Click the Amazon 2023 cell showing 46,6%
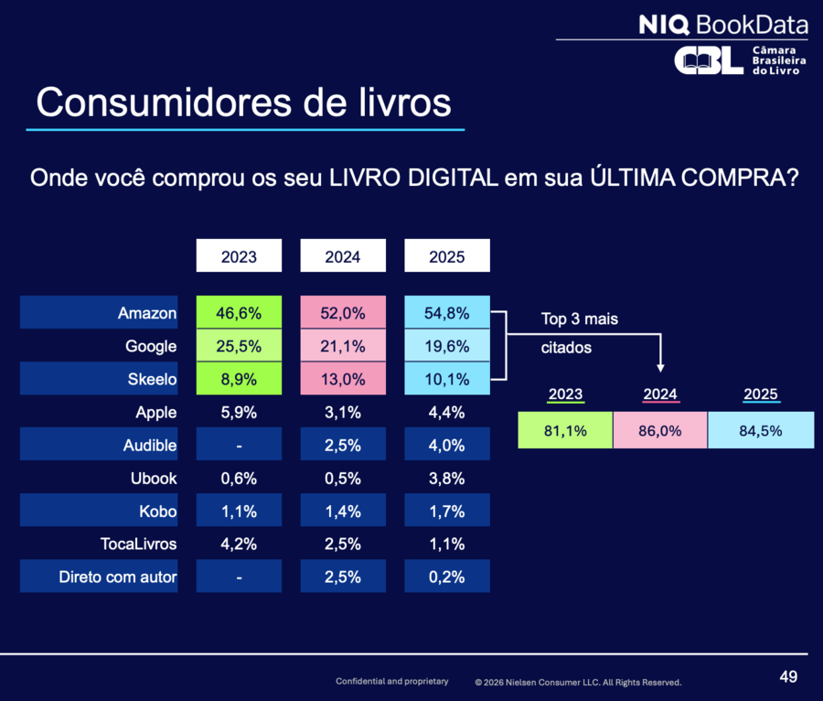[239, 313]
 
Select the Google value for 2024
[343, 346]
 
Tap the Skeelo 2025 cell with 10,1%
[447, 379]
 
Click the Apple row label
[155, 412]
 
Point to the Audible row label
[150, 446]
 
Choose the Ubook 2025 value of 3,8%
[447, 479]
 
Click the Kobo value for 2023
[239, 512]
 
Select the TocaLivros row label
[138, 545]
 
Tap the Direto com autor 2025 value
[447, 577]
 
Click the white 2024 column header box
[343, 256]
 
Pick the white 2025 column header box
[447, 256]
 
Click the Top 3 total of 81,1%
[565, 430]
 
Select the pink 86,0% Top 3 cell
[660, 430]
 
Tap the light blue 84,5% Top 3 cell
[761, 430]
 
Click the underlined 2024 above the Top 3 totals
[660, 394]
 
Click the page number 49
[788, 677]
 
